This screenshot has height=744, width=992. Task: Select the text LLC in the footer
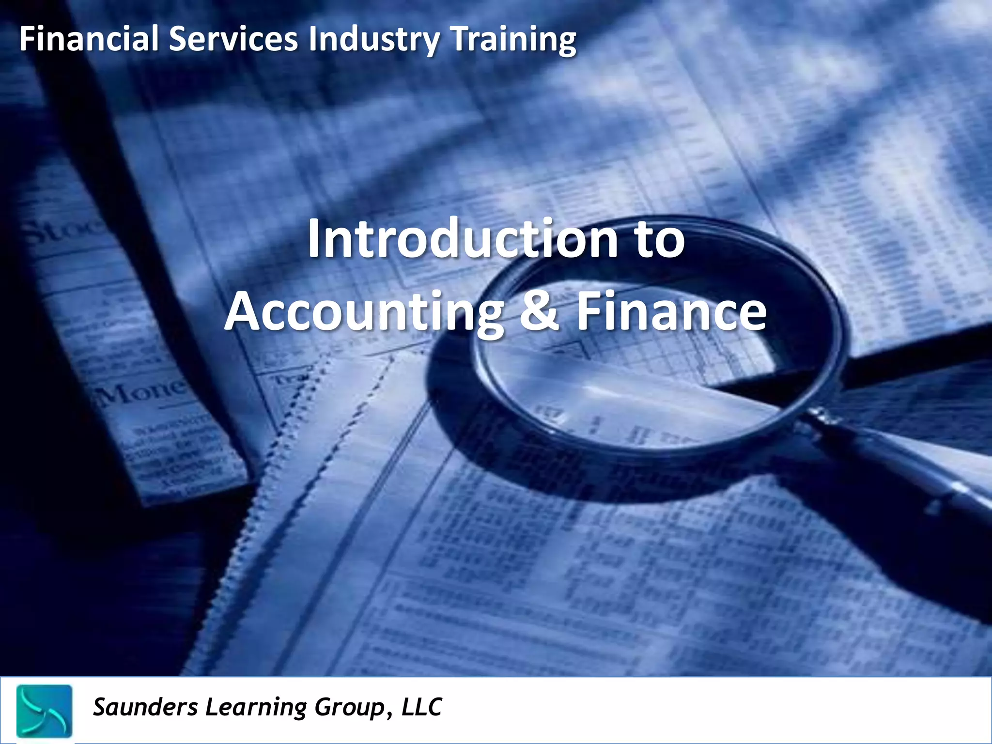[x=421, y=707]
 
